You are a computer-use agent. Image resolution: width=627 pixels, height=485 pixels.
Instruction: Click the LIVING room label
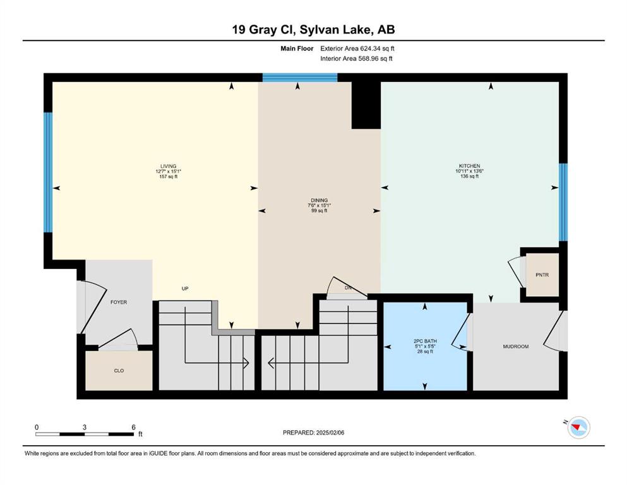169,166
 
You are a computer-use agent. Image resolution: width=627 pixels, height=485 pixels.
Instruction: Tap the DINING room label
319,200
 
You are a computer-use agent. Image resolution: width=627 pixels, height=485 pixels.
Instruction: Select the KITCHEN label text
469,166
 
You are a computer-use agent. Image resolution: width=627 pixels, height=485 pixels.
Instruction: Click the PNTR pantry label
542,275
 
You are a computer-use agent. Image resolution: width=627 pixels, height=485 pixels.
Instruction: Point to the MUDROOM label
516,347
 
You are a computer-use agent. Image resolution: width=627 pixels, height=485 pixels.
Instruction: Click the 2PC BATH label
425,342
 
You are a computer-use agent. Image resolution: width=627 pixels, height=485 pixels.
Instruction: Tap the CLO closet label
119,371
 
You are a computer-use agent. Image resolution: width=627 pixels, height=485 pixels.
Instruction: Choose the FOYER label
119,302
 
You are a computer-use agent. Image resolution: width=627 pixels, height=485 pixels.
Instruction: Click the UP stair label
185,288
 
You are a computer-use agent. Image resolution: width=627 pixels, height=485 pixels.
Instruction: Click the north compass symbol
578,428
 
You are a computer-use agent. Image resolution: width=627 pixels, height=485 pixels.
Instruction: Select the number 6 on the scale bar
134,427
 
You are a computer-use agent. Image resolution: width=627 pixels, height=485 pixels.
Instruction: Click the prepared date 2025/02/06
330,433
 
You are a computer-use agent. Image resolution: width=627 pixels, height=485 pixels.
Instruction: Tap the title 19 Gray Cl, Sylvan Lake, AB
313,30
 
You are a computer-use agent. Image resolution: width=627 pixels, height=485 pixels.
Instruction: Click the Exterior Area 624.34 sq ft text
357,49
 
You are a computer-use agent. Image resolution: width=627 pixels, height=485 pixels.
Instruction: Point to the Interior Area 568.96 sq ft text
356,58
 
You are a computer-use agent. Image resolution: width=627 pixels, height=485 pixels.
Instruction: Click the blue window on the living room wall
48,172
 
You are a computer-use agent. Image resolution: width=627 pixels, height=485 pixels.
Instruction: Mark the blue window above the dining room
300,78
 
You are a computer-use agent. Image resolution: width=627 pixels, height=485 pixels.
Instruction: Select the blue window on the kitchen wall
563,202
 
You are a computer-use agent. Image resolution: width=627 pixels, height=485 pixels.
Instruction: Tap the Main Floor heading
297,49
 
